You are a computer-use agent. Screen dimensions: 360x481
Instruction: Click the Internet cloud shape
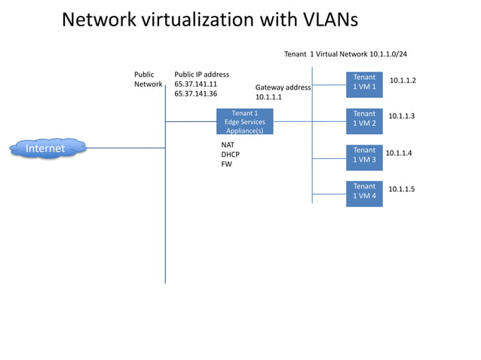[46, 148]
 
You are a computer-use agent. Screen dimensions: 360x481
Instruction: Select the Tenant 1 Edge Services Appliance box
[244, 122]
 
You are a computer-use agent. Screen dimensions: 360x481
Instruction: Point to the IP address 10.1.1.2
[403, 81]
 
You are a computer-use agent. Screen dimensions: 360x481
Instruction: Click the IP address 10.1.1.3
[401, 116]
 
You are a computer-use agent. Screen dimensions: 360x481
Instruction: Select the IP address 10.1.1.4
[399, 153]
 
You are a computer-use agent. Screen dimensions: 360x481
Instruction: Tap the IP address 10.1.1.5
[401, 190]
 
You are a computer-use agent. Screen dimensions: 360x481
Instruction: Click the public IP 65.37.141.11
[195, 84]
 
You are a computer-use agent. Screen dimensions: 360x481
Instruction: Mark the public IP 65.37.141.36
[195, 94]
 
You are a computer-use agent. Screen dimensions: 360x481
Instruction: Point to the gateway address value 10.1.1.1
[268, 97]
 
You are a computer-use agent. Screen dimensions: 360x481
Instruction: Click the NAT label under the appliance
[228, 144]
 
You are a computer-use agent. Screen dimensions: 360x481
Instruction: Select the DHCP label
[230, 154]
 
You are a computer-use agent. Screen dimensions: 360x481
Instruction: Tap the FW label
[226, 163]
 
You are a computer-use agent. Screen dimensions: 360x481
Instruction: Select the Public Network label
[148, 80]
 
